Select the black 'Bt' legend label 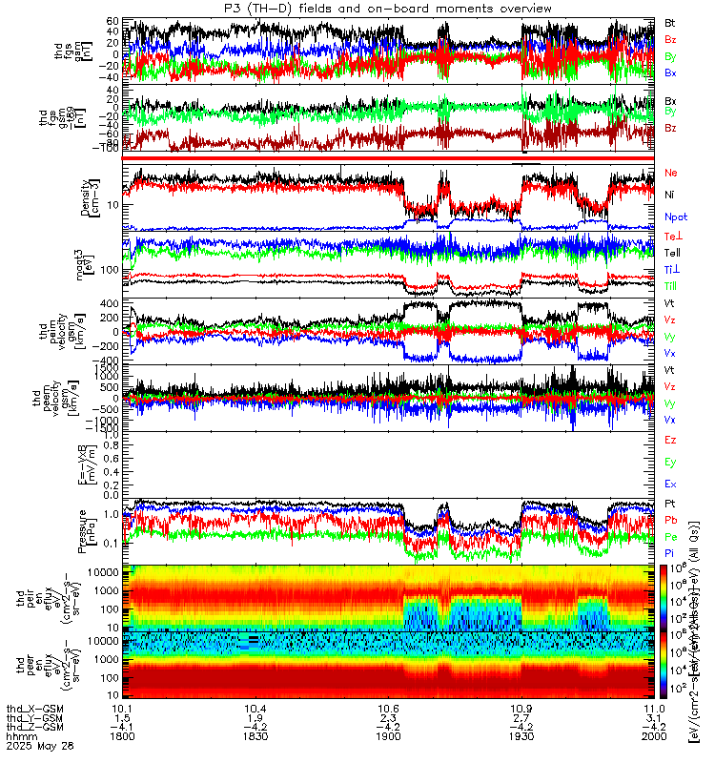click(670, 22)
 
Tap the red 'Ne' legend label click(670, 173)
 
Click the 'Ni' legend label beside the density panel click(670, 195)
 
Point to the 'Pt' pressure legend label click(670, 502)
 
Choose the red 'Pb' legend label click(670, 520)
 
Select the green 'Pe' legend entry click(670, 539)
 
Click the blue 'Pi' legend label click(670, 556)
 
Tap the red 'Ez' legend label click(670, 439)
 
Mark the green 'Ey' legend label click(670, 462)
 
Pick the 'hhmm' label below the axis click(19, 738)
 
